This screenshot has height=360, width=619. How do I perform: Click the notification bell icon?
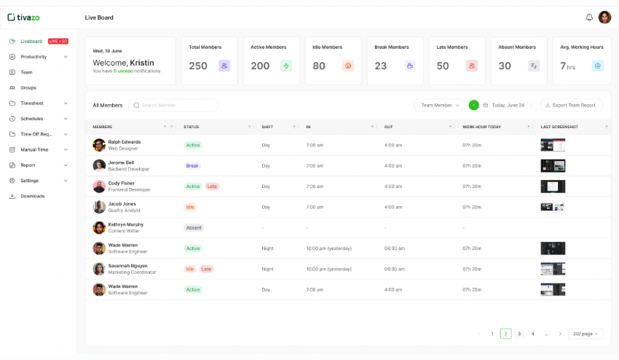pyautogui.click(x=589, y=17)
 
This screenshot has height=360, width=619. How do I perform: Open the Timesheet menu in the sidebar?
pyautogui.click(x=32, y=103)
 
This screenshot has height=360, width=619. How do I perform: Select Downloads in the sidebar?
pyautogui.click(x=32, y=196)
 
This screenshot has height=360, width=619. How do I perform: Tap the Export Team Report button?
pyautogui.click(x=571, y=105)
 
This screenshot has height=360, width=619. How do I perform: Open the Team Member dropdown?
pyautogui.click(x=439, y=105)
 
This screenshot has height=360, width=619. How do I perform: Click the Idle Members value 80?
pyautogui.click(x=319, y=66)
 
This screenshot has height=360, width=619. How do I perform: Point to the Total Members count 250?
pyautogui.click(x=198, y=66)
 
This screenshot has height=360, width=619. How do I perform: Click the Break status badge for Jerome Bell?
pyautogui.click(x=192, y=165)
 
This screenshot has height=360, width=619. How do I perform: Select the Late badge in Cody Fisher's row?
pyautogui.click(x=212, y=187)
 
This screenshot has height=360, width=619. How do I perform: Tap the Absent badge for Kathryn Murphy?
pyautogui.click(x=194, y=227)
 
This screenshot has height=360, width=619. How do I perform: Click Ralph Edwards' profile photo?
pyautogui.click(x=99, y=145)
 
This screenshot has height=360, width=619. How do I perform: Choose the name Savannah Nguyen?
pyautogui.click(x=127, y=266)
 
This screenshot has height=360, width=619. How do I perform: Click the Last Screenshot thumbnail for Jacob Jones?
pyautogui.click(x=552, y=207)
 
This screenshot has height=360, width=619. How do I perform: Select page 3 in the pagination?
pyautogui.click(x=519, y=334)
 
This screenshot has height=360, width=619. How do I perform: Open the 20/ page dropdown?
pyautogui.click(x=586, y=334)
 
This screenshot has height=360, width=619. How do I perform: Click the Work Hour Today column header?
pyautogui.click(x=482, y=127)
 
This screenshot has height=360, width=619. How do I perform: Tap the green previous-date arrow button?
pyautogui.click(x=474, y=105)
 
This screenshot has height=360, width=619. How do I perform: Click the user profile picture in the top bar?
pyautogui.click(x=605, y=17)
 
